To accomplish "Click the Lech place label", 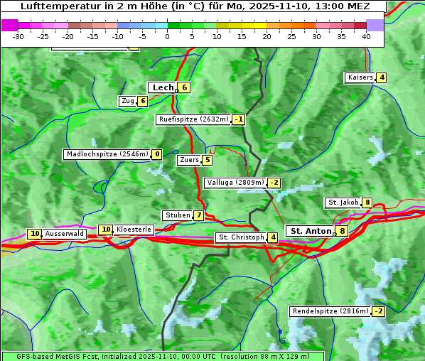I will pos(163,87).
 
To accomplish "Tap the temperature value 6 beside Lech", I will pos(184,87).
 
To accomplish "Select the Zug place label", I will pos(127,101).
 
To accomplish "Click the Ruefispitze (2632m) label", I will pos(193,119).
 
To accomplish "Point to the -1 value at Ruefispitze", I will pos(239,119).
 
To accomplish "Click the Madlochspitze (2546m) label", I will pos(107,154).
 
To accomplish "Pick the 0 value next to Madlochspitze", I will pos(156,154).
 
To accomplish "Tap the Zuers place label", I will pos(189,160).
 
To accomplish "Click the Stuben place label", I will pos(177,215).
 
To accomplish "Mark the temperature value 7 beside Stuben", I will pos(199,215).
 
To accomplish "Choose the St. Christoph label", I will pos(241,237).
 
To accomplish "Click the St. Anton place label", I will pos(311,231).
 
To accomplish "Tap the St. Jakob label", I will pos(343,203).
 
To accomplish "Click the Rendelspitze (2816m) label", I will pos(330,311).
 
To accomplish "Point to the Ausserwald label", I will pos(65,234).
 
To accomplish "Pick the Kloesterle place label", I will pos(134,230).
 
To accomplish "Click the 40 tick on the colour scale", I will pos(366,36).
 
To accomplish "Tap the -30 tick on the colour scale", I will pos(18,36).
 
